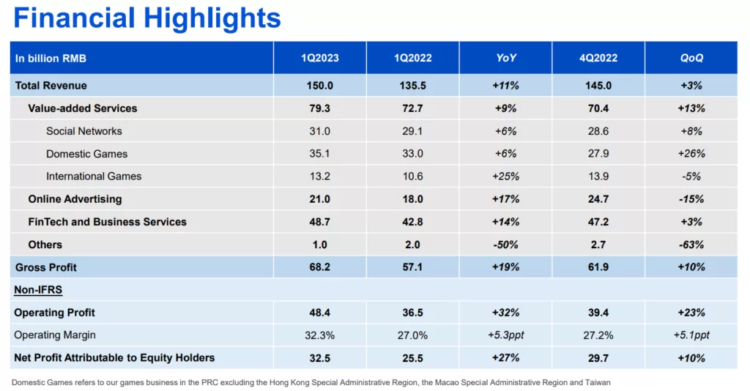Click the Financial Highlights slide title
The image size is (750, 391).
click(146, 18)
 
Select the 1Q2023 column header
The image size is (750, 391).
click(320, 58)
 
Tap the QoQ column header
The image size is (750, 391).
click(691, 58)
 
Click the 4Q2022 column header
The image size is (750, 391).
click(598, 58)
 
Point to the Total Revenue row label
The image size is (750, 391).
click(51, 86)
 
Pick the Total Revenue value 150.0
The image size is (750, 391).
click(320, 86)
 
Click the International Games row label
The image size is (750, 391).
click(94, 176)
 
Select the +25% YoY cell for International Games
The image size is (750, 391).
click(505, 176)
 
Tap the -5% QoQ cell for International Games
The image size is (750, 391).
click(691, 176)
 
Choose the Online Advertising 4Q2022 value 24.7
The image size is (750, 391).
click(598, 199)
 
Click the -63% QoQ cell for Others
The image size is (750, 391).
click(691, 245)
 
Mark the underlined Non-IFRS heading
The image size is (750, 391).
click(38, 290)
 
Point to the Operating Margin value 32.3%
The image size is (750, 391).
click(320, 335)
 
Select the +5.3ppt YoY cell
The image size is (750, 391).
click(505, 335)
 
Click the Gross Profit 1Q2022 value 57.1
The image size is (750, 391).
click(413, 267)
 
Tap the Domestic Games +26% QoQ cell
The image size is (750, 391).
click(691, 154)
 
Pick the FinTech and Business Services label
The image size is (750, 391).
click(107, 222)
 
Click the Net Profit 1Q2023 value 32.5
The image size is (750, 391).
click(320, 358)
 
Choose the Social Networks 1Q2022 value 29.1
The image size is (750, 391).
click(413, 131)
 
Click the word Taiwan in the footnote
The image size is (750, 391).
click(598, 382)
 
